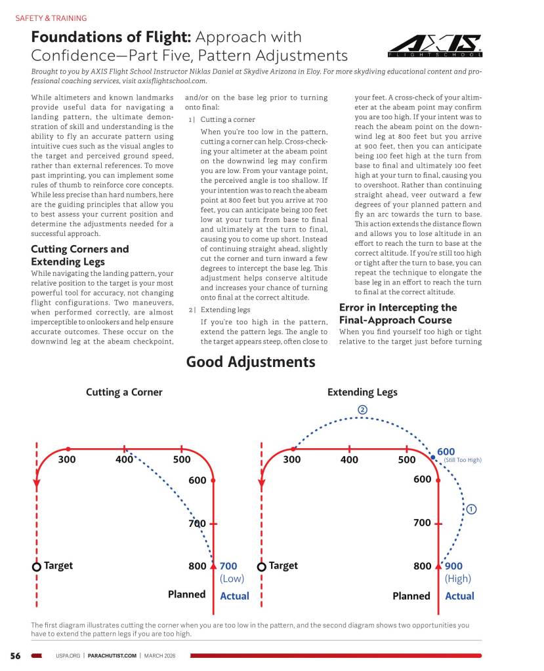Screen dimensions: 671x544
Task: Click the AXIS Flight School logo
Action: pos(434,45)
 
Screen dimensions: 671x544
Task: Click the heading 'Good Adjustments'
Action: pos(251,362)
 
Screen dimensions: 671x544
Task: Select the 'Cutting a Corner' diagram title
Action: pos(124,392)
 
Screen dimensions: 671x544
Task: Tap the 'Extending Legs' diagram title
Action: pos(362,392)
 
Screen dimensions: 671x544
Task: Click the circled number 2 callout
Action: pos(362,410)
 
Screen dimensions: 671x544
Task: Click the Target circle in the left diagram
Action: pos(37,566)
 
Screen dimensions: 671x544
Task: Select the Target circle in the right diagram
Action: pos(262,566)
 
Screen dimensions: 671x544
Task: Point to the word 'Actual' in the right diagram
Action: pos(459,596)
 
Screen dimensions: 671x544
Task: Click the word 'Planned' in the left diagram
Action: pos(187,595)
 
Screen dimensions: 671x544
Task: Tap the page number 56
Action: pos(15,655)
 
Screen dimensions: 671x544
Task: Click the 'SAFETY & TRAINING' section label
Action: pos(51,18)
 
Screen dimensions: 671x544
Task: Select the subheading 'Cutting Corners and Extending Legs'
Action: pos(79,255)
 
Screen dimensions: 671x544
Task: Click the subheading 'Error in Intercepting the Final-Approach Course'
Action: pos(398,314)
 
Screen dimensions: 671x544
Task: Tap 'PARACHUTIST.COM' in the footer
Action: pos(112,655)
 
